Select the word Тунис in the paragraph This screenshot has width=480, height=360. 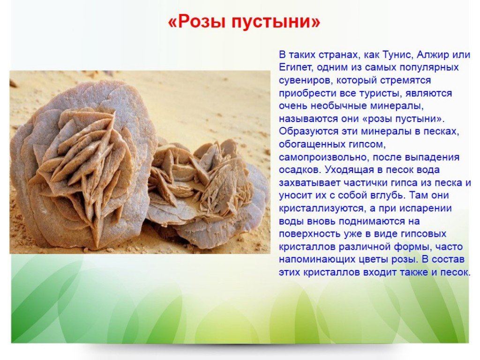click(x=397, y=55)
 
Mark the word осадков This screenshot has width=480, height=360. click(x=300, y=170)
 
